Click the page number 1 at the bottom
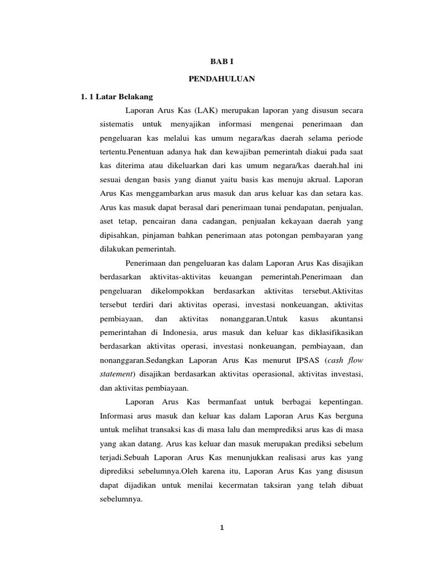coord(221,527)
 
